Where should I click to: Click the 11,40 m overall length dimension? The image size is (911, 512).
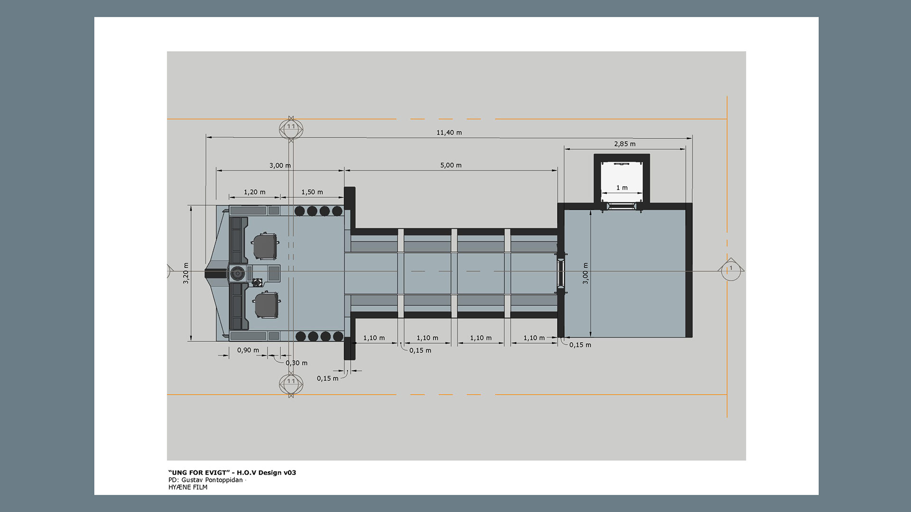pyautogui.click(x=449, y=133)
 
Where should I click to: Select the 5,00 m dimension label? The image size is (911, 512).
pyautogui.click(x=451, y=165)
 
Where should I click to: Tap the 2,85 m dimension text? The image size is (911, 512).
pyautogui.click(x=624, y=144)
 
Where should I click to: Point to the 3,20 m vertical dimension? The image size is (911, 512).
pyautogui.click(x=186, y=274)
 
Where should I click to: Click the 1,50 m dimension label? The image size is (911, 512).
pyautogui.click(x=312, y=192)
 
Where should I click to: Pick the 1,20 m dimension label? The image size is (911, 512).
pyautogui.click(x=254, y=192)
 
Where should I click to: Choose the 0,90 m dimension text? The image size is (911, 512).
pyautogui.click(x=248, y=350)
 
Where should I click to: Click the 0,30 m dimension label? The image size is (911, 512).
pyautogui.click(x=297, y=363)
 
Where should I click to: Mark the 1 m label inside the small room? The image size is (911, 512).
pyautogui.click(x=622, y=188)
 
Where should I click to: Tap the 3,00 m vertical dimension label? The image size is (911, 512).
pyautogui.click(x=586, y=274)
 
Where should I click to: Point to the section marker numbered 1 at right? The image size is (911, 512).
pyautogui.click(x=731, y=269)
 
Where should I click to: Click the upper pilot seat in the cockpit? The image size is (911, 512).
pyautogui.click(x=265, y=246)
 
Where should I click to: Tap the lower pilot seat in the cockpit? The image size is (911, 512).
pyautogui.click(x=267, y=305)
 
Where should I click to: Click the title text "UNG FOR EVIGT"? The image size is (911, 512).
pyautogui.click(x=199, y=473)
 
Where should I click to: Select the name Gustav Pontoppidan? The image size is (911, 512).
pyautogui.click(x=212, y=480)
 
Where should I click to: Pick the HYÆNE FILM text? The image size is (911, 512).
pyautogui.click(x=188, y=487)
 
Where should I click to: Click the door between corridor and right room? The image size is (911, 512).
pyautogui.click(x=561, y=273)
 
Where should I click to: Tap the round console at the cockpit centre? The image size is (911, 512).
pyautogui.click(x=237, y=273)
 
